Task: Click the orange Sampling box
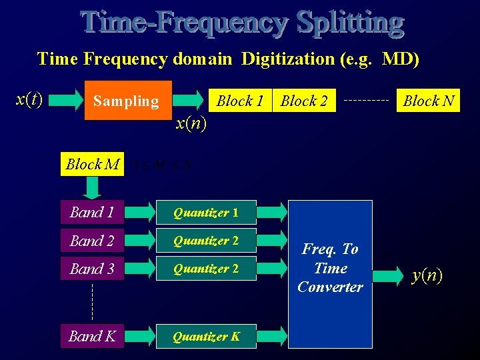(127, 101)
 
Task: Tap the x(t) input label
(29, 99)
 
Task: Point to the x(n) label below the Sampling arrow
(191, 123)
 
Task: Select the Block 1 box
(240, 101)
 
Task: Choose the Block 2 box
(304, 101)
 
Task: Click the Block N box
(429, 101)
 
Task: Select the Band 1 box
(92, 213)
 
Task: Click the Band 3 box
(92, 269)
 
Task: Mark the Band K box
(92, 337)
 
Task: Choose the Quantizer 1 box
(206, 213)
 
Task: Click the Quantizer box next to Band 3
(206, 269)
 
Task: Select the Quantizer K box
(206, 337)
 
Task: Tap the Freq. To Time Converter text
(330, 268)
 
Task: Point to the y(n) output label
(427, 275)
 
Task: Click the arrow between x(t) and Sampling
(65, 101)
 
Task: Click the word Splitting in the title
(350, 23)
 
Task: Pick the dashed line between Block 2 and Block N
(367, 101)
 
